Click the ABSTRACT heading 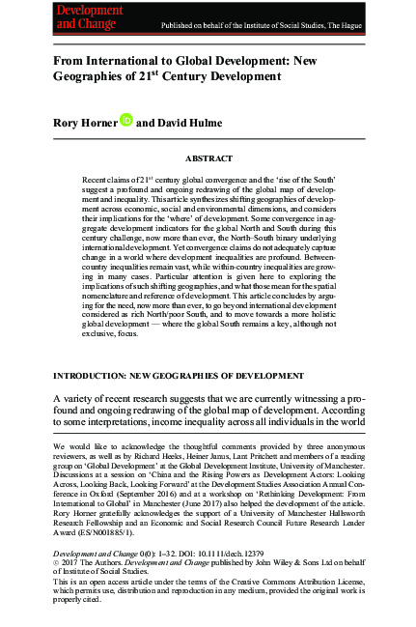208,156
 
